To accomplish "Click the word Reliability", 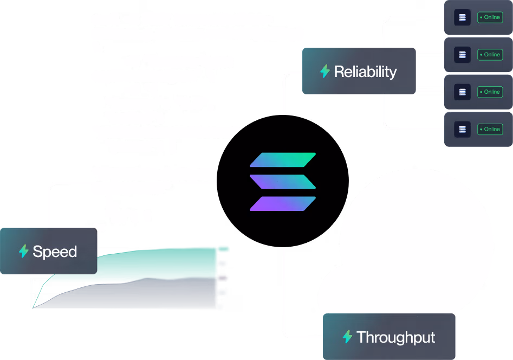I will click(x=365, y=72).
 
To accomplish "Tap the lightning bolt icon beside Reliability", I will click(x=325, y=72).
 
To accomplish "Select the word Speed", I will click(x=55, y=252).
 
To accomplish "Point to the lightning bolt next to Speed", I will click(x=24, y=252).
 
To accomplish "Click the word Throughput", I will click(x=395, y=337).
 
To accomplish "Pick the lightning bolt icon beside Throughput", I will click(x=347, y=337).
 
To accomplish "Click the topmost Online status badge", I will click(x=490, y=17).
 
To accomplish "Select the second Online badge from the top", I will click(x=490, y=55).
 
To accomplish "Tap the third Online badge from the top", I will click(x=490, y=92).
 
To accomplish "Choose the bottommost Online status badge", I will click(x=490, y=130).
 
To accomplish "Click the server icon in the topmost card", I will click(x=462, y=17).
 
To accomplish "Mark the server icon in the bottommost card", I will click(x=462, y=130).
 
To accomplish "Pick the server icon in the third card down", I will click(x=462, y=92).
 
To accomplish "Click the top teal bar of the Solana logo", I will click(x=283, y=160).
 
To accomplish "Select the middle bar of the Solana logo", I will click(x=283, y=182).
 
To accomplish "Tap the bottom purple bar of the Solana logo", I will click(x=283, y=203).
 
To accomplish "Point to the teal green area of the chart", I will click(x=163, y=263).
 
